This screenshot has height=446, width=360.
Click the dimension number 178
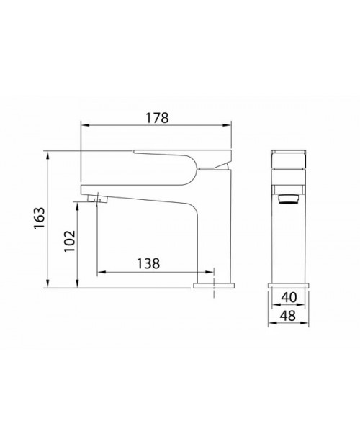pos(157,118)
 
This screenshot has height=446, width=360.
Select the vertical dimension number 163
pos(39,218)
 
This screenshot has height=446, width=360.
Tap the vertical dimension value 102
pos(69,241)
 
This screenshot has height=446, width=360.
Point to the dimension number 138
pos(148,263)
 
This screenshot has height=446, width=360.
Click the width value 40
pos(289,297)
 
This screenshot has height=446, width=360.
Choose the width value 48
pos(289,316)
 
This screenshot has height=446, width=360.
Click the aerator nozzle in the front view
pos(289,199)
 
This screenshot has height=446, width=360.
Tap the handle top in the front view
pos(289,159)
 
